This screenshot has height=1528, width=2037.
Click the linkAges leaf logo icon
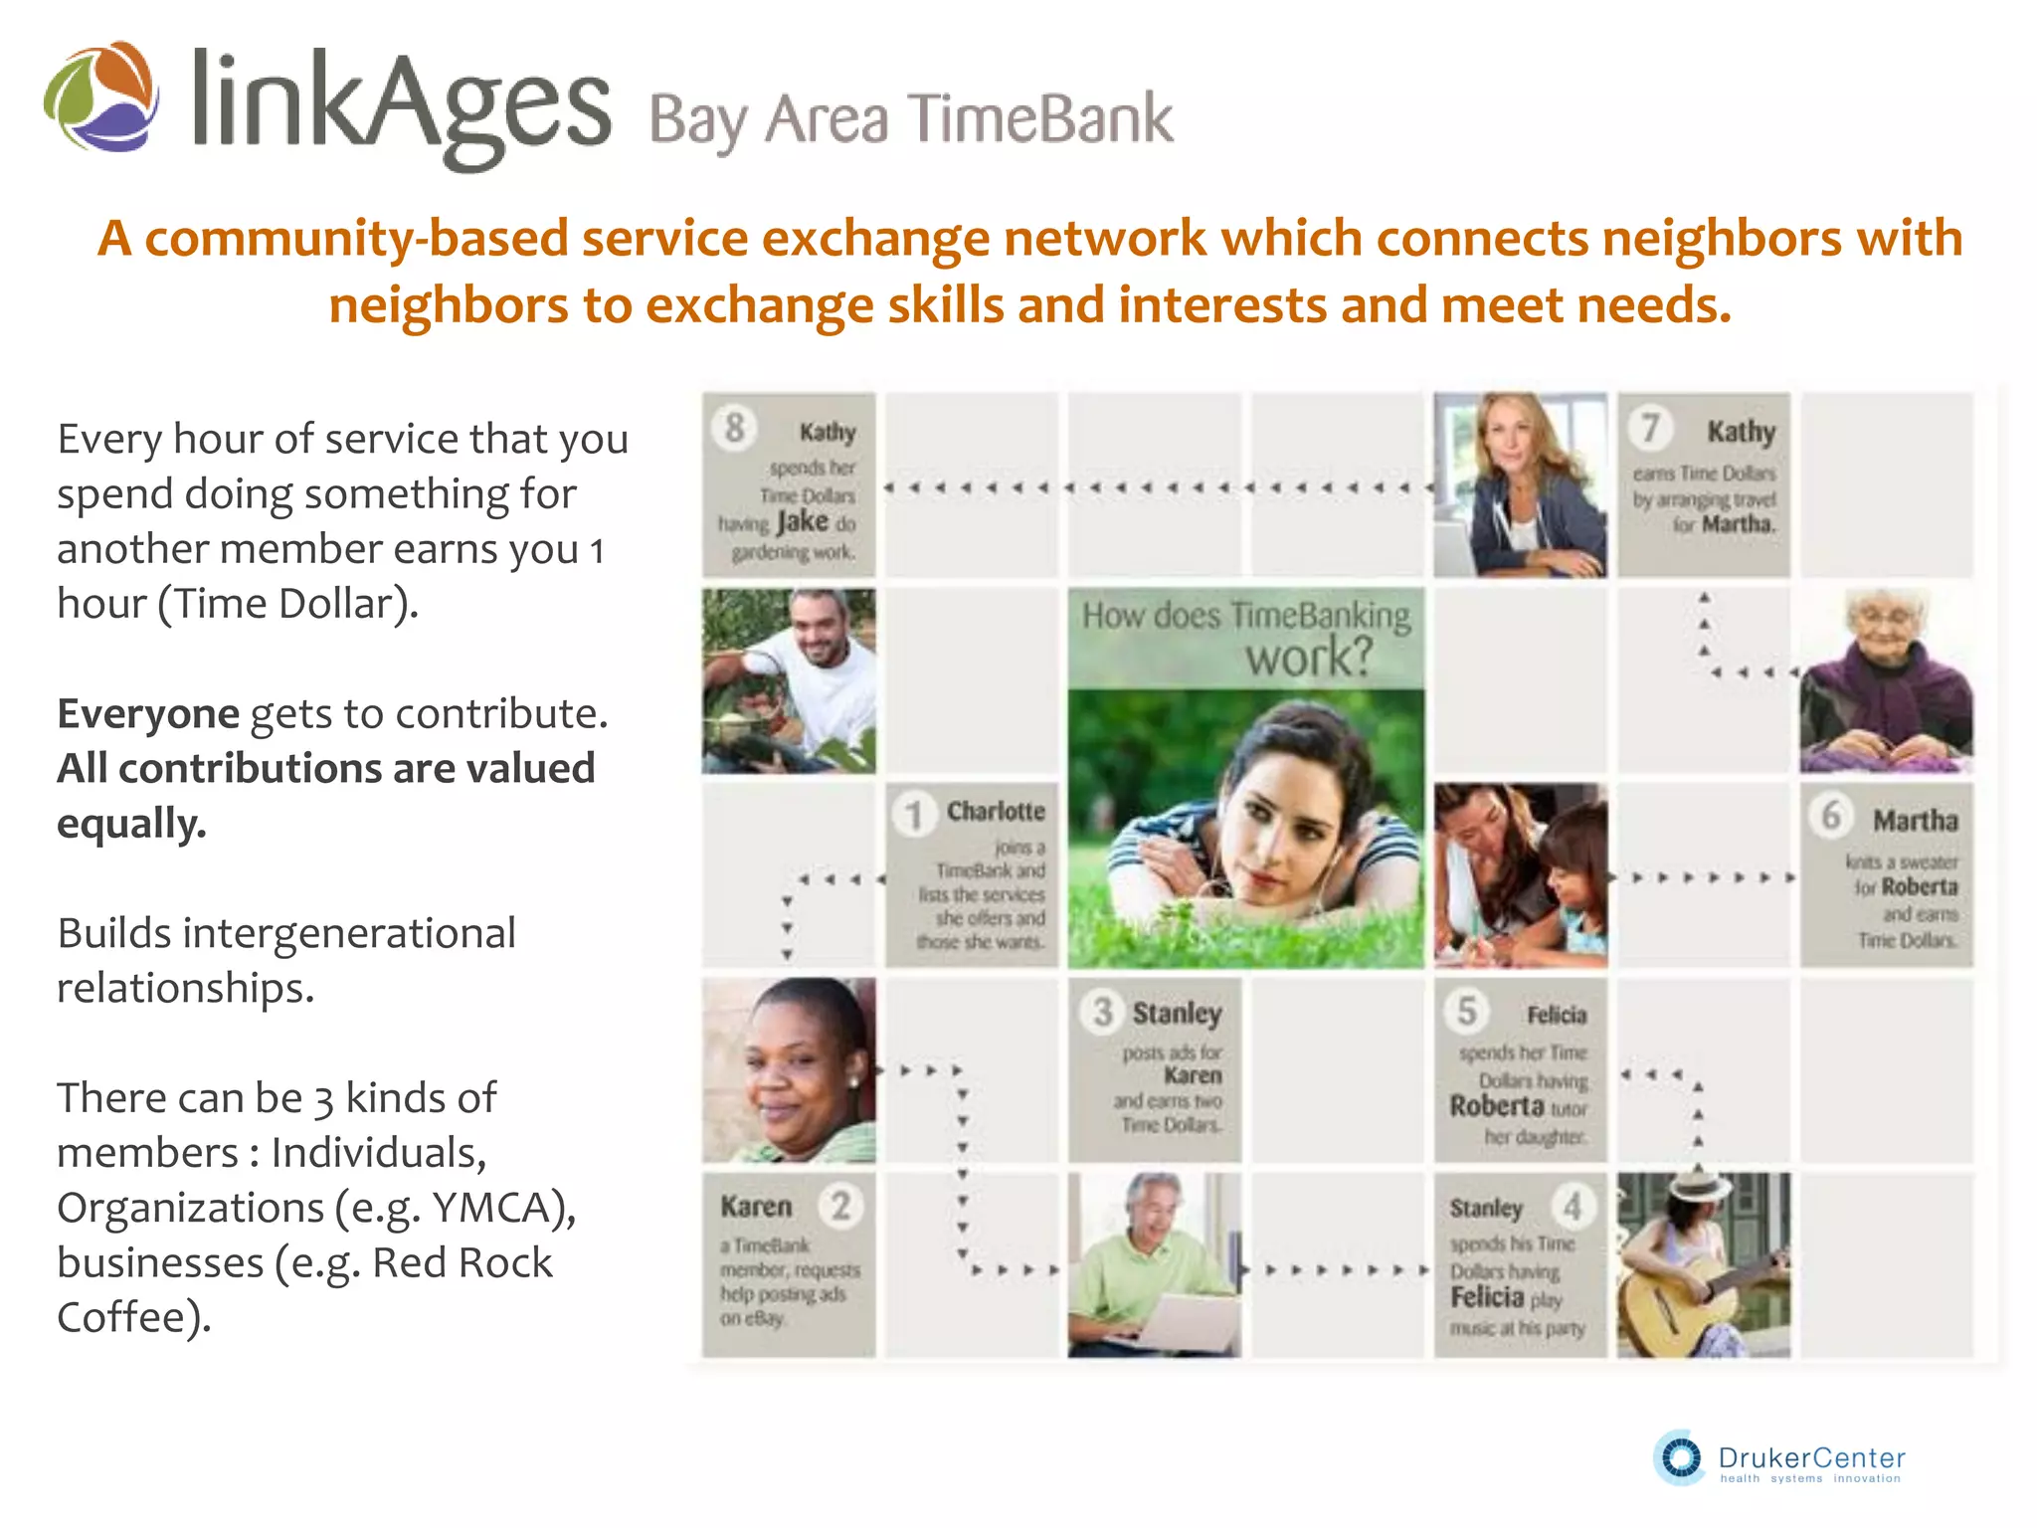[100, 96]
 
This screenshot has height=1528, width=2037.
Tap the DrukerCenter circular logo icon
[1680, 1458]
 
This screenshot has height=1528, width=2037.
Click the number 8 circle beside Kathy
[734, 428]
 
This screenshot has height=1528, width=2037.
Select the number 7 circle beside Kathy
[1649, 428]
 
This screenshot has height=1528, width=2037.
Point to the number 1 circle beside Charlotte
[912, 815]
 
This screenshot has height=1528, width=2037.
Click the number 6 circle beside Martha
[1830, 816]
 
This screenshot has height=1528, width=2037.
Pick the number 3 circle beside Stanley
[1102, 1013]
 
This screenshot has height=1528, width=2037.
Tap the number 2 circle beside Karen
[841, 1206]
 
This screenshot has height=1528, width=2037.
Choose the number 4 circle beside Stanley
[1572, 1207]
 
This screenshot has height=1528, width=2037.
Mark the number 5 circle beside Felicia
[1466, 1011]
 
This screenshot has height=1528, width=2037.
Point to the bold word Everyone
[148, 713]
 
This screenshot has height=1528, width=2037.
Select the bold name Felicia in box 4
[1487, 1297]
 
